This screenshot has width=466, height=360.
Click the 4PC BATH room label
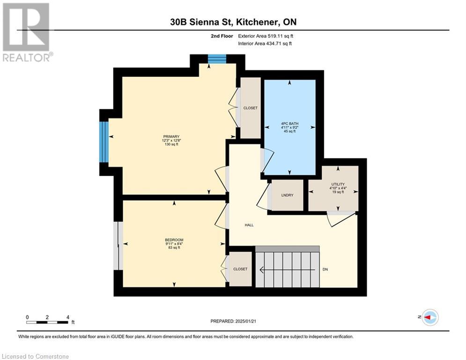click(x=289, y=123)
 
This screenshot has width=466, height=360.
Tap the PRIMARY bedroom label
click(x=171, y=136)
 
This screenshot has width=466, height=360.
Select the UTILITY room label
click(x=338, y=184)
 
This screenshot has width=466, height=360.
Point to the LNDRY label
click(x=287, y=195)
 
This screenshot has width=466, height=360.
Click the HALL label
click(x=249, y=225)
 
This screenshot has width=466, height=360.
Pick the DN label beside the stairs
click(x=325, y=269)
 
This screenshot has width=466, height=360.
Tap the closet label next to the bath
click(x=250, y=108)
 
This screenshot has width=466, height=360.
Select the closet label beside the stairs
click(x=240, y=269)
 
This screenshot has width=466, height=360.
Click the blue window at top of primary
click(x=217, y=59)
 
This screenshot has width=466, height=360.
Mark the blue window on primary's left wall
click(x=104, y=142)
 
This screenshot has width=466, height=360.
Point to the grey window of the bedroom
click(x=118, y=246)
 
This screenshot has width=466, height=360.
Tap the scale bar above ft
click(x=47, y=322)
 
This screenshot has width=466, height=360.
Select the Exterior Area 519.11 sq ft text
click(x=266, y=36)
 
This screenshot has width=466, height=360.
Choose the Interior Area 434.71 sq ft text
click(x=265, y=44)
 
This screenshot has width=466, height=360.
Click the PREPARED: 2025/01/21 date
click(x=233, y=321)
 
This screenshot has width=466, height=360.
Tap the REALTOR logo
click(x=26, y=32)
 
